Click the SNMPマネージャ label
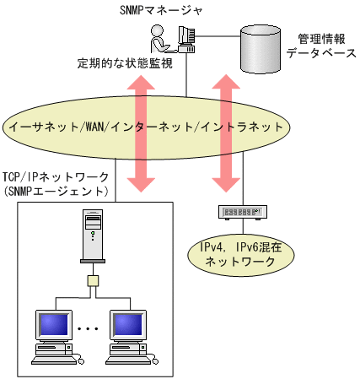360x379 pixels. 161,10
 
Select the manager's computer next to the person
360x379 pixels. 186,40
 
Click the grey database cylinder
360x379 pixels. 261,49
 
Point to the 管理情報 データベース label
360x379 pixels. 321,46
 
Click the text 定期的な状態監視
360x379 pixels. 125,63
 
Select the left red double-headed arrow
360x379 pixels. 141,133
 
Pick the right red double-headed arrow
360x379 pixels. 226,133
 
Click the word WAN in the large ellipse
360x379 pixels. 94,127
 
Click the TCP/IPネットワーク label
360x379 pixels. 56,177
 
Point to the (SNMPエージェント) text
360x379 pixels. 56,192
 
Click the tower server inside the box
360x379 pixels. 93,236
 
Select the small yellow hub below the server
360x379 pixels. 93,281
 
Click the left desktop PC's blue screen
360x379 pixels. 54,324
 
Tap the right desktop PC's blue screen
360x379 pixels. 128,324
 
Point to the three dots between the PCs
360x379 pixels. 88,328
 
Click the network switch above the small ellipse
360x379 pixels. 243,213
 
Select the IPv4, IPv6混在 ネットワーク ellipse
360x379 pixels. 241,255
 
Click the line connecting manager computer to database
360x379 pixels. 218,36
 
